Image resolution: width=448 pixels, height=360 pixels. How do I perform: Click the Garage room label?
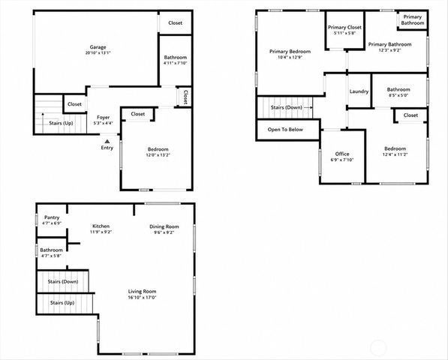(98, 47)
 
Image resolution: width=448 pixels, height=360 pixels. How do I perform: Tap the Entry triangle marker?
(107, 141)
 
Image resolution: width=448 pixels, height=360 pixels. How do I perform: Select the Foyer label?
(103, 117)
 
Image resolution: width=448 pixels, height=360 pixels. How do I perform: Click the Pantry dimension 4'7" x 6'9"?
(52, 223)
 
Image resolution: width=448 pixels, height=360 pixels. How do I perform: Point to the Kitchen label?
(101, 226)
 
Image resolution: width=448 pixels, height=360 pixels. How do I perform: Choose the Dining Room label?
(164, 226)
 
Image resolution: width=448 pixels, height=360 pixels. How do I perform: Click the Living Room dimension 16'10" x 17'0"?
(142, 298)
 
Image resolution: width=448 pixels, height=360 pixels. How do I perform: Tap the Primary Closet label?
(344, 28)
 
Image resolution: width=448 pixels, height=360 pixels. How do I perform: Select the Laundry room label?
(359, 91)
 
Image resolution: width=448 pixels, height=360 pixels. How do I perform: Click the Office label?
(342, 154)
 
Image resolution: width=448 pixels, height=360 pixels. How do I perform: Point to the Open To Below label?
(285, 130)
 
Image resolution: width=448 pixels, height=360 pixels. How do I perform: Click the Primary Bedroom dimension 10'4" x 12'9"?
(290, 57)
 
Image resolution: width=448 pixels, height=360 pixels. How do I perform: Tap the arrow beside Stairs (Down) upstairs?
(308, 108)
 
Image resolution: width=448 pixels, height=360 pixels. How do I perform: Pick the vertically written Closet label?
(185, 97)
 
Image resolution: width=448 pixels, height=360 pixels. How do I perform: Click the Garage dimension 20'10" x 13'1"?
(98, 52)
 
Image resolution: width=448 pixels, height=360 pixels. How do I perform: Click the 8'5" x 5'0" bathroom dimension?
(398, 95)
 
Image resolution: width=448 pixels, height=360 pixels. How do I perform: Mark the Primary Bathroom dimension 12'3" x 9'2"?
(390, 50)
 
